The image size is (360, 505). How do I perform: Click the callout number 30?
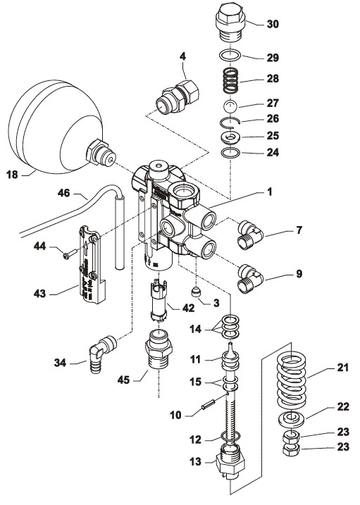273,24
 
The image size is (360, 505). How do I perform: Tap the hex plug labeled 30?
230,22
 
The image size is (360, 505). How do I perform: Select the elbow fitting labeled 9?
250,279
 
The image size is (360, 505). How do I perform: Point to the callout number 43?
40,294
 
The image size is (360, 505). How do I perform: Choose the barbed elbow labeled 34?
101,354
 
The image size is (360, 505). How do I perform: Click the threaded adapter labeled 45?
159,350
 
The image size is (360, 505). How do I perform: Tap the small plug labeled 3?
197,292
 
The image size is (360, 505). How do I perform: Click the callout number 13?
195,461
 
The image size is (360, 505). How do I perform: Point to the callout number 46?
63,193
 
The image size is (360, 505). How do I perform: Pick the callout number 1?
270,192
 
